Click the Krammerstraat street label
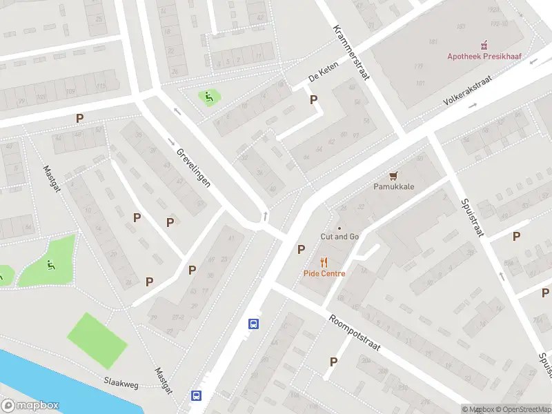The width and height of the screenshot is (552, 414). pyautogui.click(x=351, y=52)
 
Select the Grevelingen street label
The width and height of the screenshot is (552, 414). pyautogui.click(x=193, y=168)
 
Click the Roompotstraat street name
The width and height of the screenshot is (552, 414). pyautogui.click(x=355, y=334)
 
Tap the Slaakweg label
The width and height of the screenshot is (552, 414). pyautogui.click(x=121, y=381)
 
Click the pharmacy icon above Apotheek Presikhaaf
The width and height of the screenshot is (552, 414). pyautogui.click(x=484, y=43)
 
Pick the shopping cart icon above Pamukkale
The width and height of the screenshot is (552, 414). pyautogui.click(x=394, y=176)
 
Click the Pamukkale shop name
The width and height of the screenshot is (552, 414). pyautogui.click(x=394, y=187)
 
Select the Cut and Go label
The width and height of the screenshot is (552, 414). pyautogui.click(x=339, y=237)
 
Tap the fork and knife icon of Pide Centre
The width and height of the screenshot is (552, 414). pyautogui.click(x=324, y=262)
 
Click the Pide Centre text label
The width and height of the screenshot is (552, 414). pyautogui.click(x=324, y=273)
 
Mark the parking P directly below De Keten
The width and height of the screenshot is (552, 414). pyautogui.click(x=314, y=99)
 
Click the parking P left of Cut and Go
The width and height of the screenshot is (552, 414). pyautogui.click(x=301, y=249)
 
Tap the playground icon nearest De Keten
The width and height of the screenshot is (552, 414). pyautogui.click(x=208, y=97)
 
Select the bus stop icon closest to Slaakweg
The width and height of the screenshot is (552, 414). pyautogui.click(x=197, y=396)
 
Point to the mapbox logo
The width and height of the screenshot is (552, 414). pyautogui.click(x=30, y=406)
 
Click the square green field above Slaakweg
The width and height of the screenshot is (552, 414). pyautogui.click(x=97, y=340)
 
